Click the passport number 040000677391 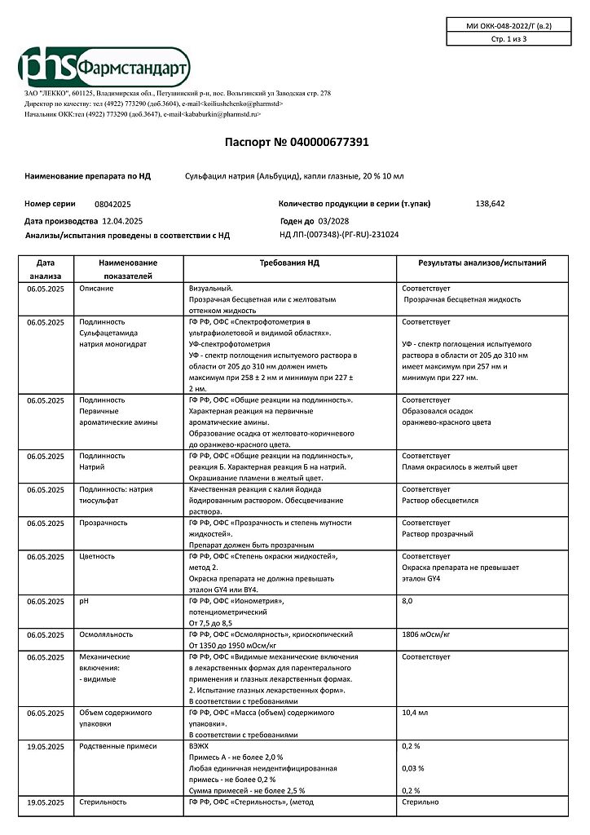324,142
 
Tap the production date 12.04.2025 123,221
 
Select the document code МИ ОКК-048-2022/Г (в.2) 509,26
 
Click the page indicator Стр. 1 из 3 509,38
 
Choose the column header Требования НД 289,263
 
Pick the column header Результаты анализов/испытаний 482,263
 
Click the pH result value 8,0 408,601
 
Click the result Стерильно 420,802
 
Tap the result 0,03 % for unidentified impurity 413,768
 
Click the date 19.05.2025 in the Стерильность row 46,802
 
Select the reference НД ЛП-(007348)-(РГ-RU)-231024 339,235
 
